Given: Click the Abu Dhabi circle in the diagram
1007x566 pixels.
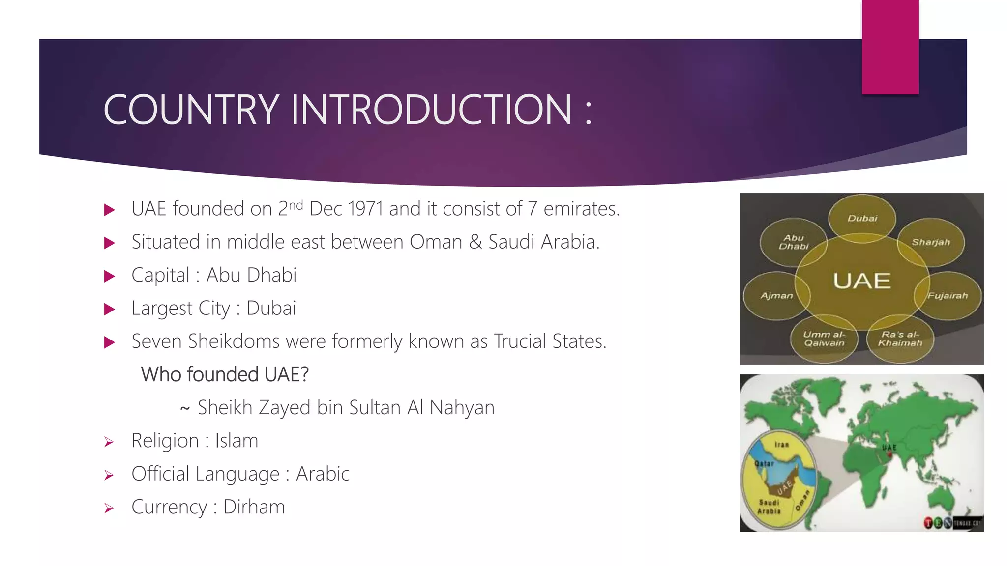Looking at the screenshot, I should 793,242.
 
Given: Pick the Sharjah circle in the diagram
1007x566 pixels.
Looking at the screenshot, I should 931,242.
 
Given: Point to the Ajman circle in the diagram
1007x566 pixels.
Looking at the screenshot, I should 776,296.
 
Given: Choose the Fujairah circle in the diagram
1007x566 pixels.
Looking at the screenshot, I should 948,296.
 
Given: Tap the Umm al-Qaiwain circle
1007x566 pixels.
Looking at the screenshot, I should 824,339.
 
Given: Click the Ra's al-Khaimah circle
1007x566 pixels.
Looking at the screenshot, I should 900,339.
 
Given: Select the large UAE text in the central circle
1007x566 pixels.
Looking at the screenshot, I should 861,281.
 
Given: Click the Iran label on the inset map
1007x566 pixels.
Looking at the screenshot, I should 781,445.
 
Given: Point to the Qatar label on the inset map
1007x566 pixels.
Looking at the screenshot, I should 764,463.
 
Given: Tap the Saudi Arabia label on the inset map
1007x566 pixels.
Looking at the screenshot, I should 769,507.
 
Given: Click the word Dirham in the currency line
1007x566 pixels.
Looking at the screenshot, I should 254,507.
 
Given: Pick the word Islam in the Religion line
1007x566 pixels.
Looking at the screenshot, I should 237,441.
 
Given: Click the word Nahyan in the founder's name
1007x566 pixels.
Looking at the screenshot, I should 462,408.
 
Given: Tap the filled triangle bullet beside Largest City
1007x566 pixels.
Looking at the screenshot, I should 110,309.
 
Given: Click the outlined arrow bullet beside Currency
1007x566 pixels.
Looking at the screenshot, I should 109,508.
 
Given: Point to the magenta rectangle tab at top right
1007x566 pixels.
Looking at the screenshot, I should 890,47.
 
